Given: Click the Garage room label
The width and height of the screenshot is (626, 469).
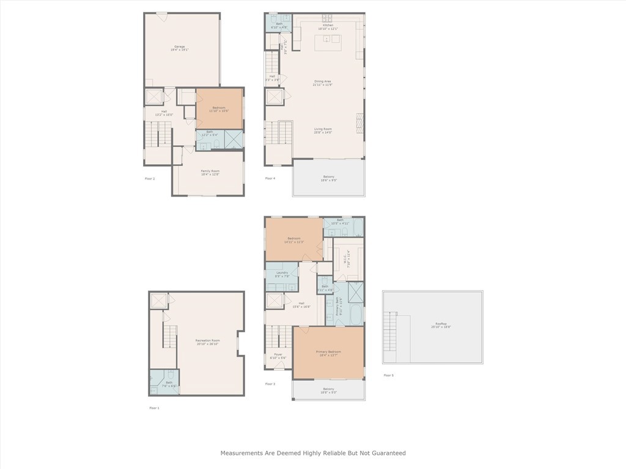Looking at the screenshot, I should point(179,48).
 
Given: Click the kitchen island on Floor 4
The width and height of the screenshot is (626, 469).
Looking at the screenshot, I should point(327,42).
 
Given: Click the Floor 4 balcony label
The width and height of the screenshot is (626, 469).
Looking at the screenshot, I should point(328,178).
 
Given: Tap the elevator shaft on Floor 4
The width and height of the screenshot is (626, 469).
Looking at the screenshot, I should point(274,97).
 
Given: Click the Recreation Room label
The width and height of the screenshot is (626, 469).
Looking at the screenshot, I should point(207,342).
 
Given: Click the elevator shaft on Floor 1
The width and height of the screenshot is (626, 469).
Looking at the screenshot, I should point(158,300).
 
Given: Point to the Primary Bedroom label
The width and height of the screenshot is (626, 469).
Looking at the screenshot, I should point(329,353).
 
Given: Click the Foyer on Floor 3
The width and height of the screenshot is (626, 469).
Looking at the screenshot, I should point(278,356).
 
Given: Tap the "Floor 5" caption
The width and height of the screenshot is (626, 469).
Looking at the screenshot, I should point(388,375).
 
